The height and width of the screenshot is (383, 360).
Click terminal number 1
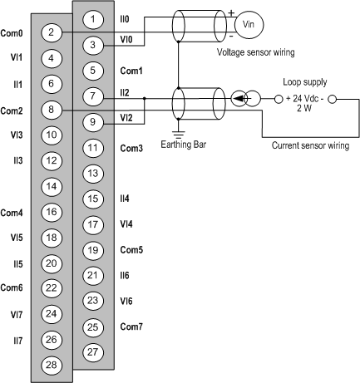point(93,19)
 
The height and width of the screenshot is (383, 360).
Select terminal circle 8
point(52,110)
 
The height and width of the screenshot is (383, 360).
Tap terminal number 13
point(93,174)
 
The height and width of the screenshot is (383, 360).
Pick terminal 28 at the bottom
point(52,365)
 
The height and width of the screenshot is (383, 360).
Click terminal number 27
point(93,352)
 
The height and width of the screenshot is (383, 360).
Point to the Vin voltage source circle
point(249,24)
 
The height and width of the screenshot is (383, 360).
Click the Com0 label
point(12,33)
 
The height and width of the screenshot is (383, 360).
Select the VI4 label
point(126,223)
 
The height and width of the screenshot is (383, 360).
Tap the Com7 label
point(131,327)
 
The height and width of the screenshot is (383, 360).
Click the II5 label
point(18,264)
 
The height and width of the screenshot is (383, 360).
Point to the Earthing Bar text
point(184,145)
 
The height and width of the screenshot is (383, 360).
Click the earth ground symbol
point(179,134)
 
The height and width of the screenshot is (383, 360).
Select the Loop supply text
point(305,82)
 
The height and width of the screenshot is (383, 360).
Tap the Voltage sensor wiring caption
point(255,52)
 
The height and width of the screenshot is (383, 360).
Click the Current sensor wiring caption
point(310,145)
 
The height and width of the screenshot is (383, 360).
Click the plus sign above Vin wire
point(231,12)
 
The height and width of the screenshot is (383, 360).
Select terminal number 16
point(52,212)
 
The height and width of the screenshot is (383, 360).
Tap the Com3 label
point(131,149)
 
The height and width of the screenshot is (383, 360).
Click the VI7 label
point(17,315)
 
